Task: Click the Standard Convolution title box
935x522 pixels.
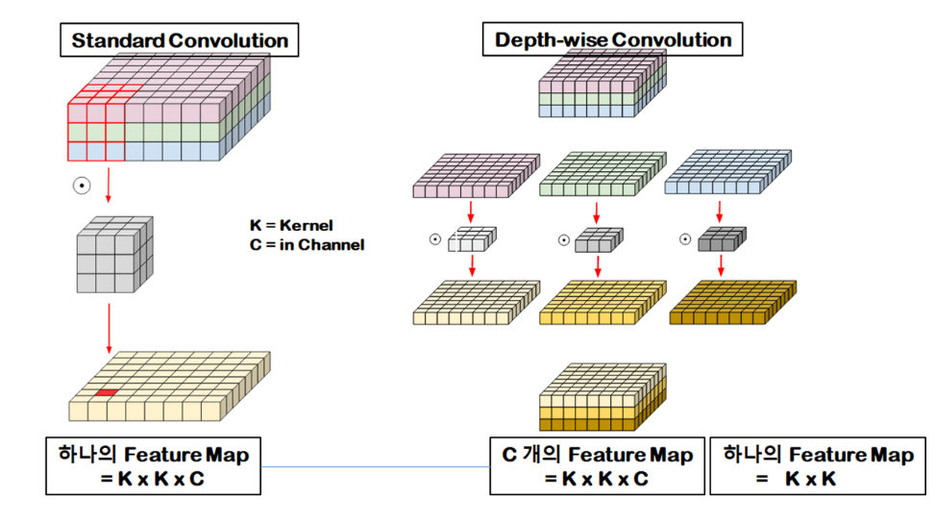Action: [179, 40]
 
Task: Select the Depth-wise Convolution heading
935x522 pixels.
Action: [613, 39]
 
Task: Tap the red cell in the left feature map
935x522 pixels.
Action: [105, 393]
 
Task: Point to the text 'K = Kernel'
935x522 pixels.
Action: [290, 225]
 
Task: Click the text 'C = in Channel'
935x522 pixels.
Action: [307, 244]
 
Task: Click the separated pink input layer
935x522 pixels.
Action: [474, 176]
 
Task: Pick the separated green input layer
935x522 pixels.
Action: [602, 176]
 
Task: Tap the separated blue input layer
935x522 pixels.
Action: [727, 176]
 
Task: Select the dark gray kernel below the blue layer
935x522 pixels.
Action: [722, 239]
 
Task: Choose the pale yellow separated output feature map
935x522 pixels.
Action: [475, 303]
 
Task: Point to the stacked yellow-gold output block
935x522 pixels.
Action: [603, 399]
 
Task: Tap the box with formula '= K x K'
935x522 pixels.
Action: [818, 466]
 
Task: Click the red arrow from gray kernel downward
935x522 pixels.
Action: [109, 327]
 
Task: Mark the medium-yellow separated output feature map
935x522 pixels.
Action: [602, 303]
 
